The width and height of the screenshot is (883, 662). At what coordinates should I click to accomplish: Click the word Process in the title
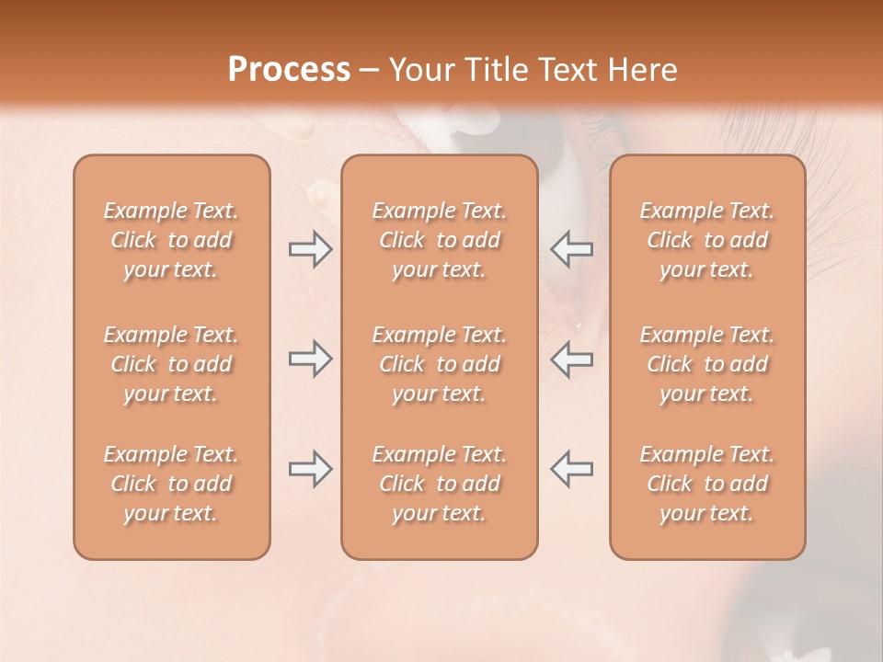(x=289, y=70)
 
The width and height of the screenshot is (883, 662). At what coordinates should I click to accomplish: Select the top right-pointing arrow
(x=310, y=249)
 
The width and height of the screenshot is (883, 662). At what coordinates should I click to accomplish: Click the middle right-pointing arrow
(x=310, y=359)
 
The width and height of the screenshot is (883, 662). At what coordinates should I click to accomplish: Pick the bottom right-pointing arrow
(x=310, y=469)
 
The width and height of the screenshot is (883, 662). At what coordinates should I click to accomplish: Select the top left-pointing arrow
(x=571, y=249)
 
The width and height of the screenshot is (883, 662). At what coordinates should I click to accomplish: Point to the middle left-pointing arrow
(x=571, y=359)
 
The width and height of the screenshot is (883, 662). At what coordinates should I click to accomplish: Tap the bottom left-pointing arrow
(x=571, y=469)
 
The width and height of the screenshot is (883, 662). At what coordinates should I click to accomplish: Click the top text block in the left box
(x=171, y=240)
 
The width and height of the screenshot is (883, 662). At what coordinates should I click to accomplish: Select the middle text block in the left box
(x=171, y=364)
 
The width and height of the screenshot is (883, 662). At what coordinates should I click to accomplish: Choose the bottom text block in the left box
(x=171, y=484)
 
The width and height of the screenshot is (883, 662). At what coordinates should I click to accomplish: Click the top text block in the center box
(x=439, y=240)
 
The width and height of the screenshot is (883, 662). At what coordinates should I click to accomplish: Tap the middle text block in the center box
(x=439, y=364)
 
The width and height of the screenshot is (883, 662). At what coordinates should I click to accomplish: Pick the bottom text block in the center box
(x=439, y=484)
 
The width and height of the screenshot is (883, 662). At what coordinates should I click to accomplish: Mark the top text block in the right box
(x=706, y=240)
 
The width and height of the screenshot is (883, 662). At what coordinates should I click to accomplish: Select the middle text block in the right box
(x=706, y=364)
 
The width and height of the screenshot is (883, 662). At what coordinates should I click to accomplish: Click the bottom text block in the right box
(x=706, y=484)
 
